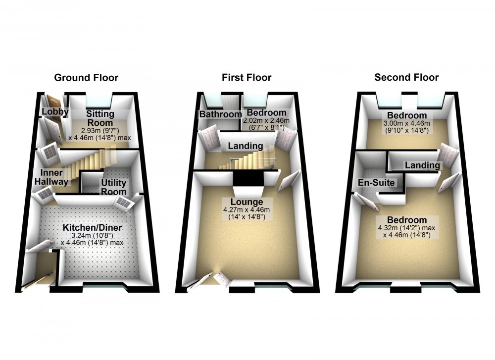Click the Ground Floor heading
(x=86, y=78)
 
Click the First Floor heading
(x=247, y=78)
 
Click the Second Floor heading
(x=406, y=78)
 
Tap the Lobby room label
(x=54, y=112)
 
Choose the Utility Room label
(x=114, y=187)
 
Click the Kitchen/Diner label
(x=92, y=227)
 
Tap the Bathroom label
(x=220, y=114)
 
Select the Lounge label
(x=246, y=202)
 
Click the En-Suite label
(x=376, y=183)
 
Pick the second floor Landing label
(x=422, y=165)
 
